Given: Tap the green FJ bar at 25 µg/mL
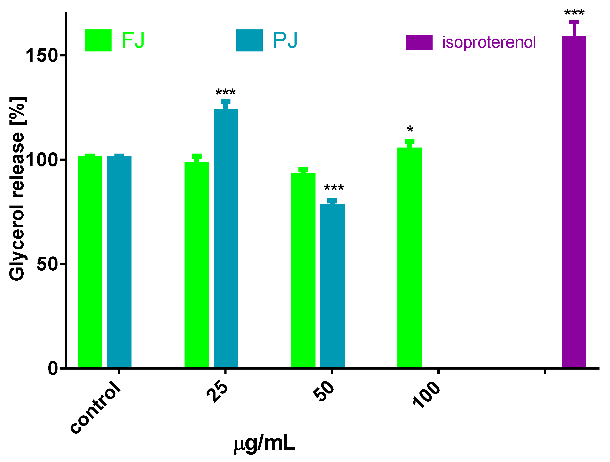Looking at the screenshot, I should (197, 265).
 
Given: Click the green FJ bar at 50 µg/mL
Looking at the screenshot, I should (303, 270).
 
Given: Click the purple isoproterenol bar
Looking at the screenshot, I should (574, 202).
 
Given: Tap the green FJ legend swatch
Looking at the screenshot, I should (98, 40).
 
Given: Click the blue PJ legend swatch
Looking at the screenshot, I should (249, 40).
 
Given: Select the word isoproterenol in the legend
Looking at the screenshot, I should (489, 43).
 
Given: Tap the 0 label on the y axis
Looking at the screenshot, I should (53, 368).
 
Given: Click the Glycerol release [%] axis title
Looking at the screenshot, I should (17, 189).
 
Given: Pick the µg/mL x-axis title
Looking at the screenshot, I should (264, 444).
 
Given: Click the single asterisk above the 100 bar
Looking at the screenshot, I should (410, 129).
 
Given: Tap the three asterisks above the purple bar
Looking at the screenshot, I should (574, 12).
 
